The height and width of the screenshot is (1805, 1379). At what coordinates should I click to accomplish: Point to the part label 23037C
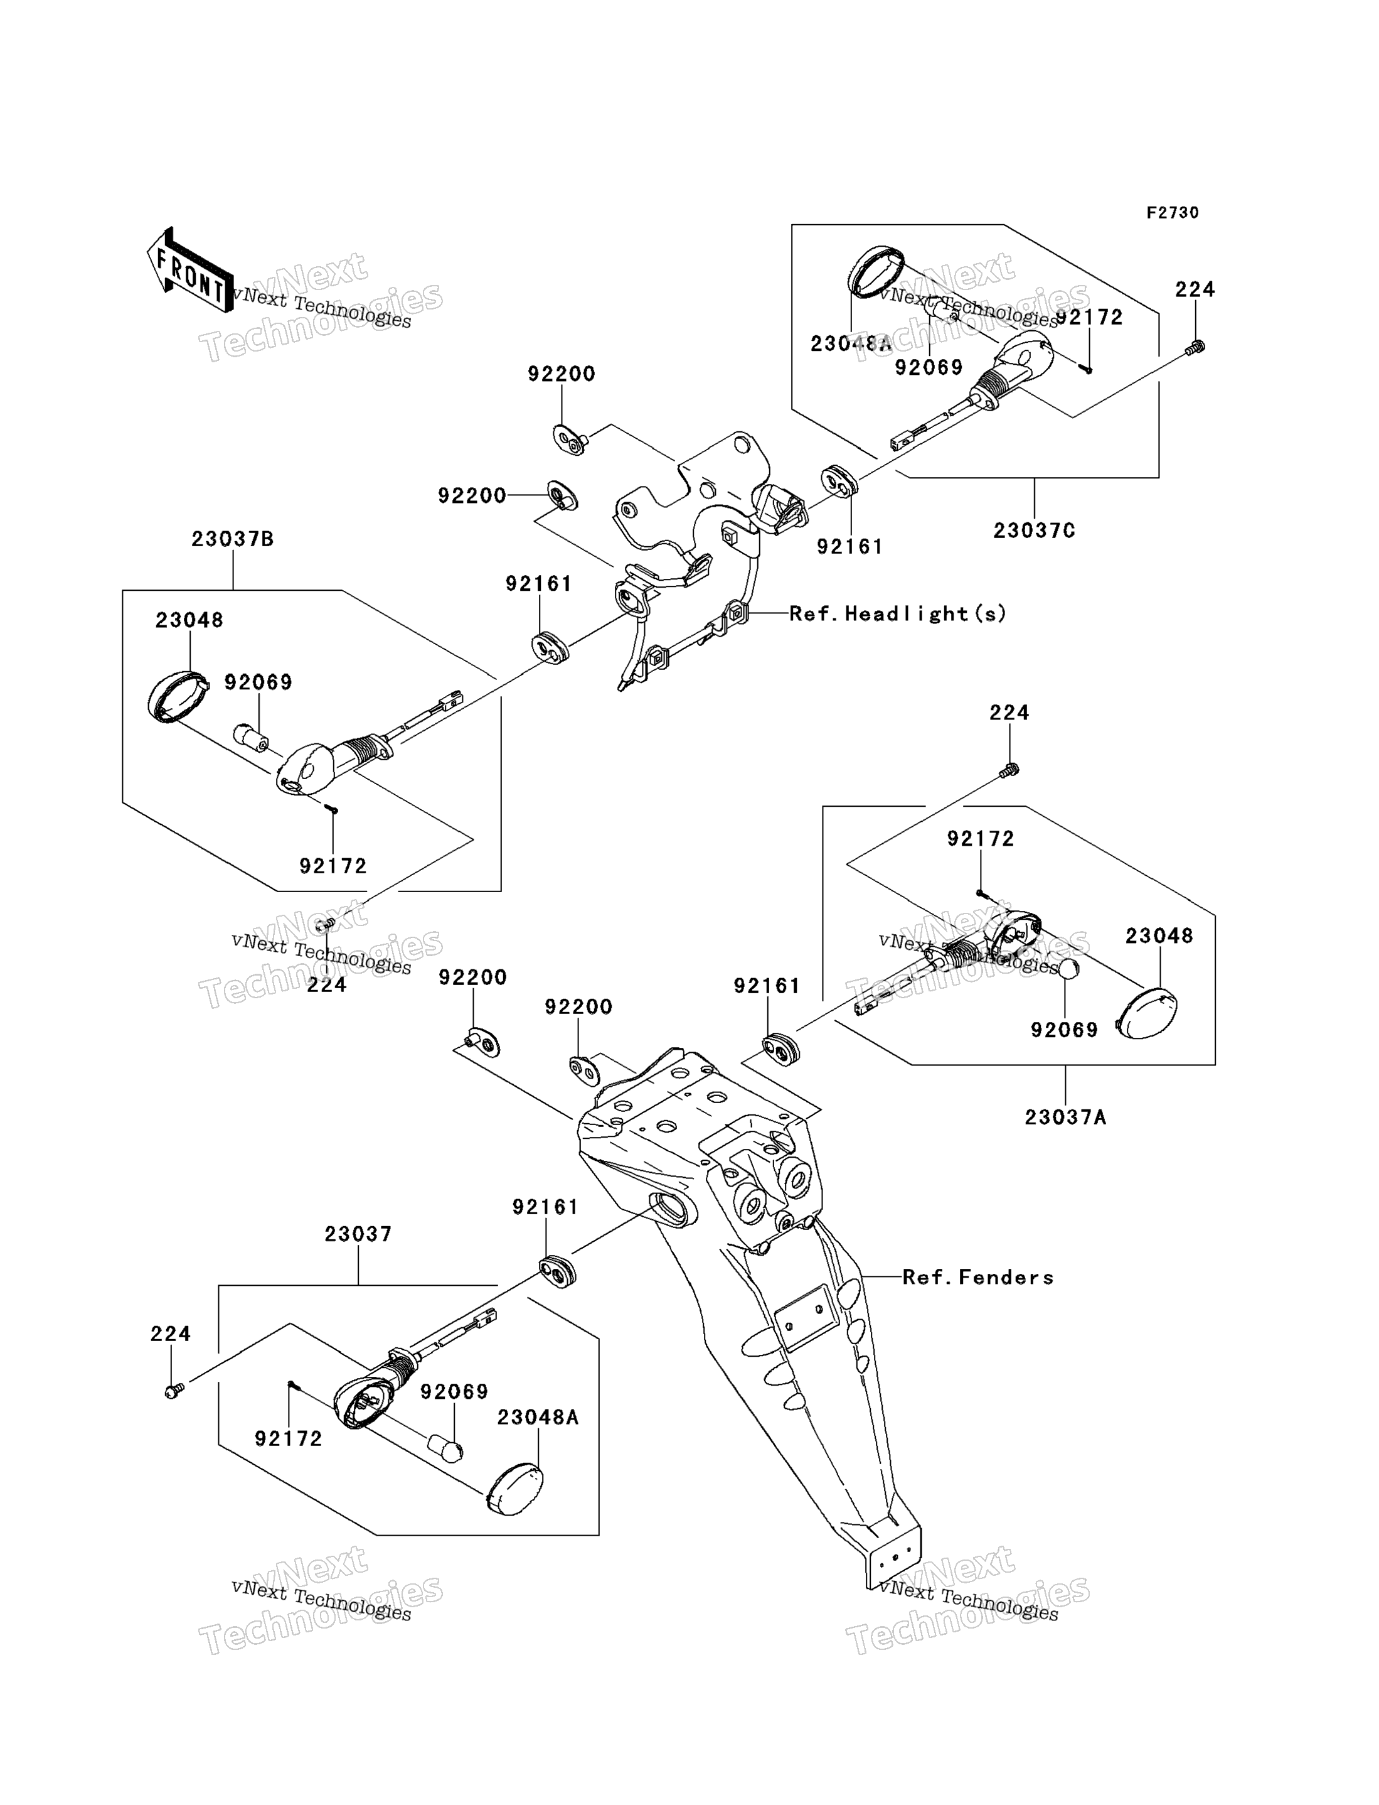[x=1033, y=531]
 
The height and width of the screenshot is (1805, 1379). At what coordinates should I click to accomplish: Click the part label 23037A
[x=1065, y=1117]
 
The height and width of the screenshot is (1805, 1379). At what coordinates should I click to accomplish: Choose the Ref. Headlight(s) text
[x=897, y=613]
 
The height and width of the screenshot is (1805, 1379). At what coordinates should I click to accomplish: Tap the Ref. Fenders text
[x=977, y=1277]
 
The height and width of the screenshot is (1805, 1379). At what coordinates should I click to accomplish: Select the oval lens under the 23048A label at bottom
[x=514, y=1488]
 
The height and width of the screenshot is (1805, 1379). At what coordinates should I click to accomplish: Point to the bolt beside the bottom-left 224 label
[x=174, y=1391]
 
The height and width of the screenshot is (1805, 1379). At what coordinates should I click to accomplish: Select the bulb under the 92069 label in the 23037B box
[x=250, y=736]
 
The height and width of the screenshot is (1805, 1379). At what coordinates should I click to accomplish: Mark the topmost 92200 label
[x=562, y=374]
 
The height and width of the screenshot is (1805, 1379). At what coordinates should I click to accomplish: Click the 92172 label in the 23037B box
[x=333, y=866]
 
